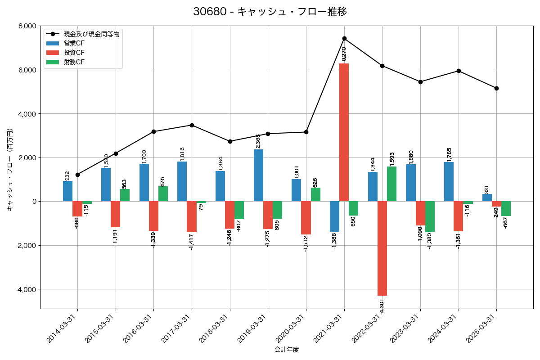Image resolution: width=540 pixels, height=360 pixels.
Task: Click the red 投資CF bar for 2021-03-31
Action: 344,132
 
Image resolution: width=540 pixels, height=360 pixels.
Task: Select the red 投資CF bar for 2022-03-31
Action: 382,248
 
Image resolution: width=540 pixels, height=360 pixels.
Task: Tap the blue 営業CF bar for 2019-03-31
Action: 258,175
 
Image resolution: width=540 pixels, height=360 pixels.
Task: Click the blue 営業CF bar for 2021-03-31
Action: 334,216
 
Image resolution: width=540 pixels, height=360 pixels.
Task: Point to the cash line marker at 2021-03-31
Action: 344,38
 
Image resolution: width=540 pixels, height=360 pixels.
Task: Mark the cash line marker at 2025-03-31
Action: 496,88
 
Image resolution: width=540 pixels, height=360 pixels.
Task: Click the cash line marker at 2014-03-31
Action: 77,175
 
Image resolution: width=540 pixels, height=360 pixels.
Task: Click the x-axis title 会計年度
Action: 287,350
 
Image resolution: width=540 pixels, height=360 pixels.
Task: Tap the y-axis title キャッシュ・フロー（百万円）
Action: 10,170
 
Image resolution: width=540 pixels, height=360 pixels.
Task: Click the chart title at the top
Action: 270,12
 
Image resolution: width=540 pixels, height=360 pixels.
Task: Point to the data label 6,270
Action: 344,54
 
